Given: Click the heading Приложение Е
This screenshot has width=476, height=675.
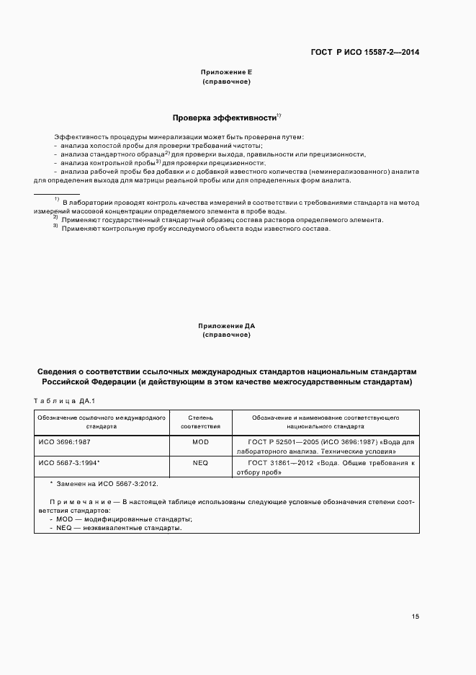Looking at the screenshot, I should (x=227, y=73).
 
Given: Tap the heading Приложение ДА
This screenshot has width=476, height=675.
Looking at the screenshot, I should (x=227, y=326).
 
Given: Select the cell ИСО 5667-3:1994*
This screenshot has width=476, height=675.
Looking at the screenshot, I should (x=68, y=462).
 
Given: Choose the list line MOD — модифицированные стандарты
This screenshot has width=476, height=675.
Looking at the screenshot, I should (x=121, y=519).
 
